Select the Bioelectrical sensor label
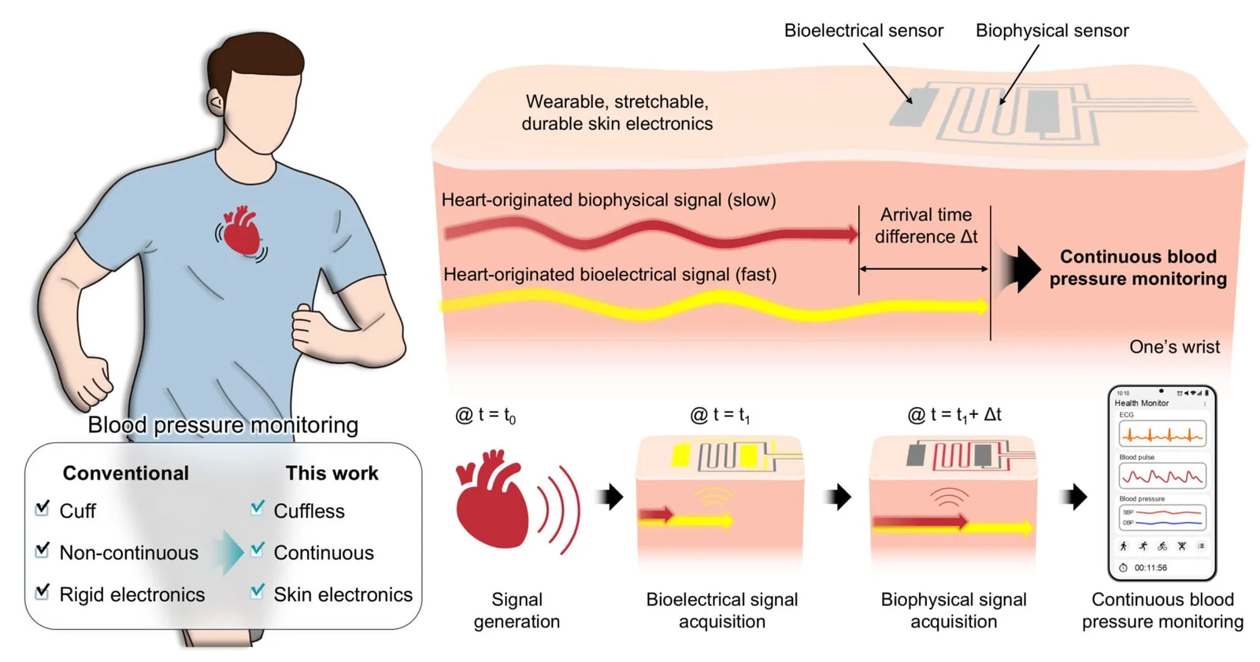tap(863, 31)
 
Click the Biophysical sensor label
tap(1051, 31)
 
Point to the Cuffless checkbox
tap(258, 508)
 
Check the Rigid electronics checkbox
tap(43, 591)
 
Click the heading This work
tap(332, 473)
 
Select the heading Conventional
tap(126, 473)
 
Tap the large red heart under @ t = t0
tap(492, 499)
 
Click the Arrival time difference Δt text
tap(925, 226)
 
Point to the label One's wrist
tap(1173, 347)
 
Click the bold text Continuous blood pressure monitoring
tap(1137, 268)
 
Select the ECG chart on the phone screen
tap(1162, 434)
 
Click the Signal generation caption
tap(517, 610)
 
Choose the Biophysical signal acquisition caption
tap(953, 610)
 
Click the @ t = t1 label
tap(719, 415)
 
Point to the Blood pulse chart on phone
tap(1162, 476)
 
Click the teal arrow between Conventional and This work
tap(230, 552)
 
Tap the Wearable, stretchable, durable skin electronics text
tap(617, 113)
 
